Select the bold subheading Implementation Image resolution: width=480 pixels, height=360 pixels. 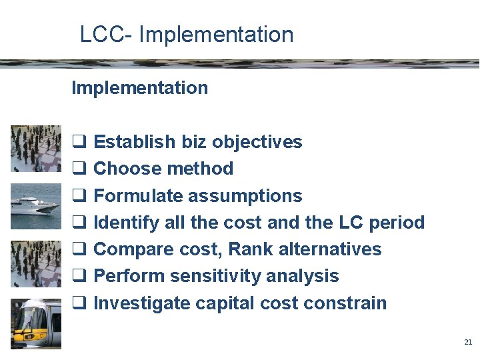click(x=139, y=88)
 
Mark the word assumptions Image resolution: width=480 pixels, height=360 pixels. click(x=245, y=197)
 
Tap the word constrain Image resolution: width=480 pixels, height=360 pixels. click(x=345, y=303)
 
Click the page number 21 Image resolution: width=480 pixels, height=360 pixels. click(x=468, y=342)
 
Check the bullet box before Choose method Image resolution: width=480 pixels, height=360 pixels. click(x=77, y=169)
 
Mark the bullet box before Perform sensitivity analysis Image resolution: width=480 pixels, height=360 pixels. click(x=77, y=277)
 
